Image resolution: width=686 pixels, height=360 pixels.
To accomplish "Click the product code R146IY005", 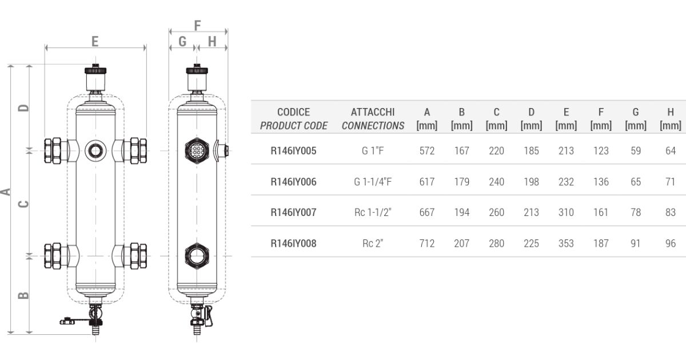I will point(293,151).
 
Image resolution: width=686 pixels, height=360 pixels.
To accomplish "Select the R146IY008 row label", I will point(293,243).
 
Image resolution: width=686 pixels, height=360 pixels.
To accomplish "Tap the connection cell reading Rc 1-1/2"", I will point(373,213).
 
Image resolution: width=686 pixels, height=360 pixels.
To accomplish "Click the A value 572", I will point(426,151).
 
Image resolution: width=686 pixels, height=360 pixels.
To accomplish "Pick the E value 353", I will point(566,243).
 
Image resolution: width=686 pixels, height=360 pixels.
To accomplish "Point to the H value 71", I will point(671,182).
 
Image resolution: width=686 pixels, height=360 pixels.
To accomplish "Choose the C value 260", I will point(496,213).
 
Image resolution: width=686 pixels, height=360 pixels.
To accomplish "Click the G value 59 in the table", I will point(636,151).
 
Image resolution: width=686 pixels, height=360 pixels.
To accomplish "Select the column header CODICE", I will point(293,113).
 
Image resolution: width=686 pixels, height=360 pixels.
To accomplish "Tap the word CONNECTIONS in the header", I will point(373,126).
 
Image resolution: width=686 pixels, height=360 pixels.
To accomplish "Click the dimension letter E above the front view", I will point(95,41).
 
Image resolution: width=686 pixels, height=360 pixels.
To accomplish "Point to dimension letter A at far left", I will point(6,191).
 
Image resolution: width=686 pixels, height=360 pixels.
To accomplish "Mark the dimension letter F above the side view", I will point(198,26).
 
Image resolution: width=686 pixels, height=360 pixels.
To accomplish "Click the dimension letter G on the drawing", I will point(182,41).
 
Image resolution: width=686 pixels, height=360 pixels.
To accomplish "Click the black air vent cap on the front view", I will point(95,71).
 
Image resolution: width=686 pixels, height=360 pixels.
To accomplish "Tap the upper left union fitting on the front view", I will point(53,151).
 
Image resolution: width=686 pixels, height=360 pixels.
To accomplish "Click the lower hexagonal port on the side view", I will point(197,255).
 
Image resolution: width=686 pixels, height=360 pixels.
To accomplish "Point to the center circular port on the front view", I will point(95,151).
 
